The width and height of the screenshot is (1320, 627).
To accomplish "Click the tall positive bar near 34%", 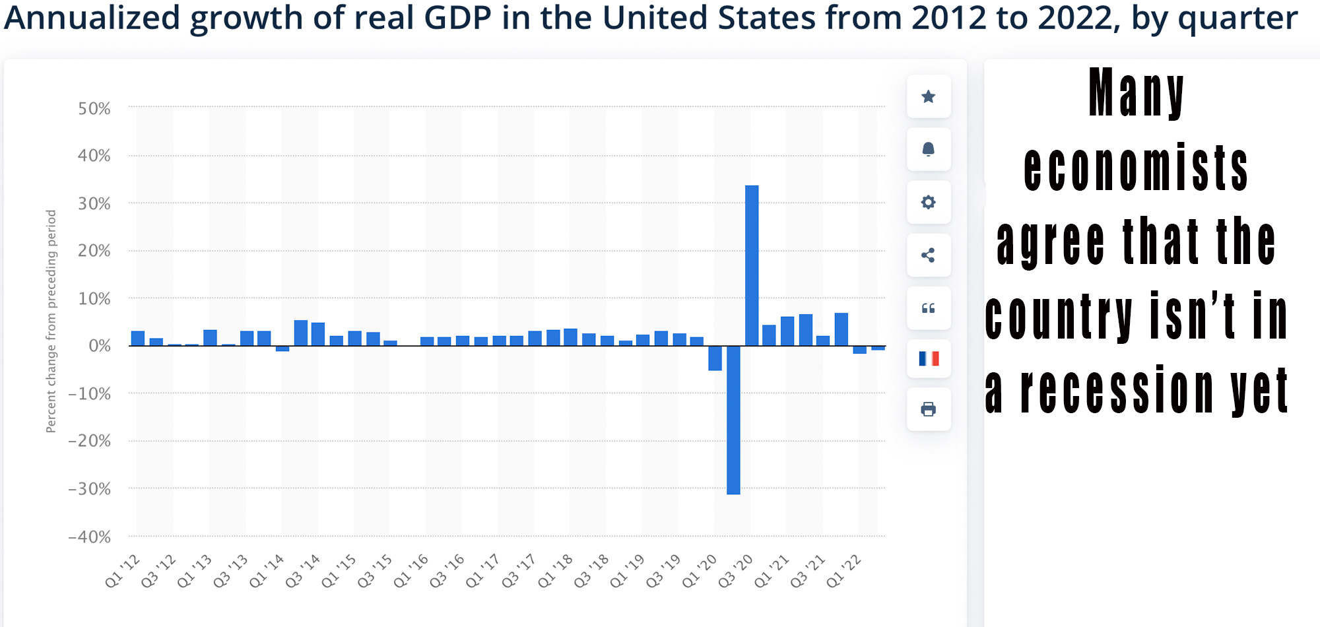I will click(x=752, y=264).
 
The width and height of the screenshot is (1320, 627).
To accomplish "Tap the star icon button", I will click(x=929, y=97).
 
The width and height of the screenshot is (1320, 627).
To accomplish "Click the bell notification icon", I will click(x=929, y=149).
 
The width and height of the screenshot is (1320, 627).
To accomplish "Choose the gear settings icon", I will click(x=929, y=202).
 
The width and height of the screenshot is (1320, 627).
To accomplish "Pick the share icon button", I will click(x=929, y=255).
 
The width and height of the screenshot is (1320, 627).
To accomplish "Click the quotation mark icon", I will click(x=929, y=308).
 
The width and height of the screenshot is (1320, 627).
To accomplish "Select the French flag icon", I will click(x=929, y=359).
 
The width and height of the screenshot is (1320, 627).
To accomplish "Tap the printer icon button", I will click(x=929, y=409).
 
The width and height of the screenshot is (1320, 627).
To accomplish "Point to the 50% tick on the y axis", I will click(x=94, y=108).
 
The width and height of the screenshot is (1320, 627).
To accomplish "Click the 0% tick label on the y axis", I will click(x=100, y=346).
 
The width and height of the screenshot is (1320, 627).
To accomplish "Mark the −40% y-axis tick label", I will click(x=90, y=537).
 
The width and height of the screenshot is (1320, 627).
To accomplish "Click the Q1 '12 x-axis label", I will click(x=123, y=571).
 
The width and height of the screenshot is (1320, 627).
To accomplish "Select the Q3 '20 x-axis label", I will click(x=736, y=571).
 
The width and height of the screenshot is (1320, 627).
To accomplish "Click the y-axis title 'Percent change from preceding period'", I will click(x=51, y=321).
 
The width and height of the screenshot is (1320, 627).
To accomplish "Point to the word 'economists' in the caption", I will click(x=1136, y=168).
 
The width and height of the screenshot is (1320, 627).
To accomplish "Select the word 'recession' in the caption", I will click(x=1117, y=390).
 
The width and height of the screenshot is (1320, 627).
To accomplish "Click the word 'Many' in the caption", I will click(x=1137, y=92).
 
